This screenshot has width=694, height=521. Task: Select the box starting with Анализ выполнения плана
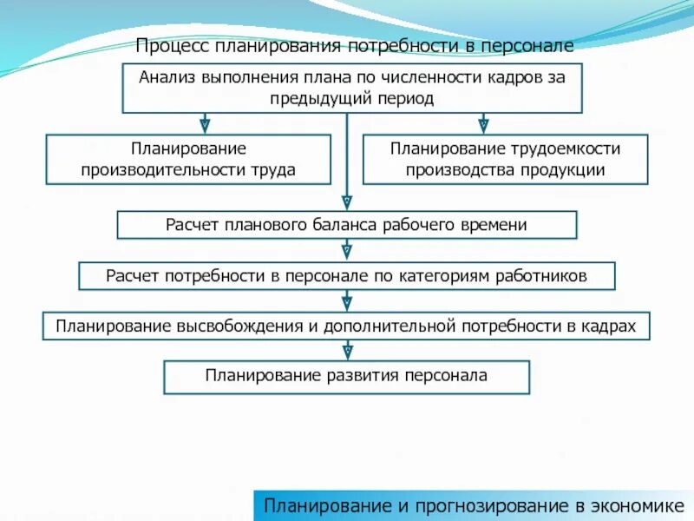351,88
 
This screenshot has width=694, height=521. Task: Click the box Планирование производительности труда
188,159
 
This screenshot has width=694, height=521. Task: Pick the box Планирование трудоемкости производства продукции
505,159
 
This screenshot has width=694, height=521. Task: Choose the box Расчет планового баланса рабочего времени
347,225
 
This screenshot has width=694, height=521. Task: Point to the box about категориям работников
347,276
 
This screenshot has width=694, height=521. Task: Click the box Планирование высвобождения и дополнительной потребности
346,326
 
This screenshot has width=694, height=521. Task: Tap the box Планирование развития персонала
346,377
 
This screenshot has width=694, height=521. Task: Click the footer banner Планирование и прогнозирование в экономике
474,505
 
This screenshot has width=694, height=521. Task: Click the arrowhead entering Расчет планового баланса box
347,205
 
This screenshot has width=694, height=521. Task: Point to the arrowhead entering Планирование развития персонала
347,353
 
